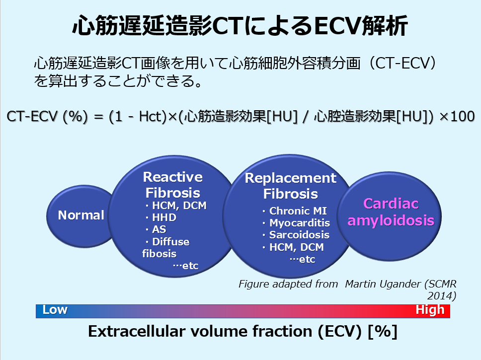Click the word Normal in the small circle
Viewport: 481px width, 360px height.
tap(81, 216)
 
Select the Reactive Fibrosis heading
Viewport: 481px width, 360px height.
tap(173, 185)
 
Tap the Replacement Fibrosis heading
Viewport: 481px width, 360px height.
tap(291, 186)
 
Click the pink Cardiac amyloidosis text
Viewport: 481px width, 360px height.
tap(391, 212)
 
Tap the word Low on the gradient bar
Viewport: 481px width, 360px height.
tap(55, 310)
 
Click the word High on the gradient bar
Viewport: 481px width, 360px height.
tap(430, 310)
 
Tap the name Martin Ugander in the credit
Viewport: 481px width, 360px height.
tap(383, 284)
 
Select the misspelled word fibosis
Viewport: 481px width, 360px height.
tap(159, 254)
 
